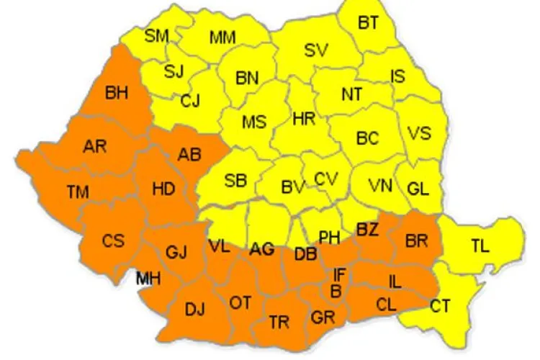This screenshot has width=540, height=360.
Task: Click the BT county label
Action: pos(368,23)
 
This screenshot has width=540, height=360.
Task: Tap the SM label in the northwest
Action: pos(156,35)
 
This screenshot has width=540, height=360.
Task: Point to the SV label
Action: pos(315,50)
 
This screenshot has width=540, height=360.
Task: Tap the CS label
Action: pos(112,240)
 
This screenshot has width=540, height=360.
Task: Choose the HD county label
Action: pos(163,189)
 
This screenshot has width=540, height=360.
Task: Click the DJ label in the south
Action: pos(194,310)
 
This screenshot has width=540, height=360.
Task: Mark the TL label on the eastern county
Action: pos(480,246)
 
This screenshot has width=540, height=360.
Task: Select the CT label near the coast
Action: pos(440,307)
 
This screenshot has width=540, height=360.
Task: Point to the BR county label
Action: pos(416,241)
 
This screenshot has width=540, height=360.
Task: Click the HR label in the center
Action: pos(305,119)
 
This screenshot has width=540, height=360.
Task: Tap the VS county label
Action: pos(419,133)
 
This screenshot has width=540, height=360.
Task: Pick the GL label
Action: pos(418,189)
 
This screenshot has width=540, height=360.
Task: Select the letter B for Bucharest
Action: pos(335,292)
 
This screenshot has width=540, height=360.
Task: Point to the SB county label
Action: pos(235,181)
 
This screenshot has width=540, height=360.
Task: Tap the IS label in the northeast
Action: pos(397,76)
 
